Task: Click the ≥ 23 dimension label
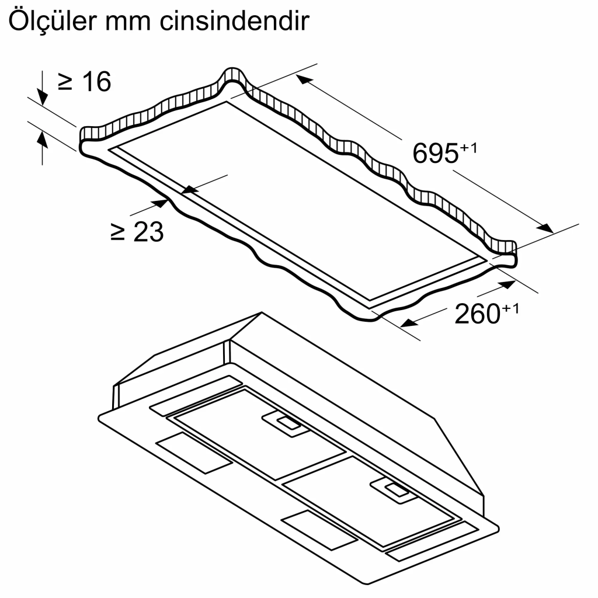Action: [137, 232]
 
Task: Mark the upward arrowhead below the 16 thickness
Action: [42, 138]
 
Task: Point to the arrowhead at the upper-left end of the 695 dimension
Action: [304, 80]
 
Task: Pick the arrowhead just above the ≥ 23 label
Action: [160, 203]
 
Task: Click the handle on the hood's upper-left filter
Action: [285, 422]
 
